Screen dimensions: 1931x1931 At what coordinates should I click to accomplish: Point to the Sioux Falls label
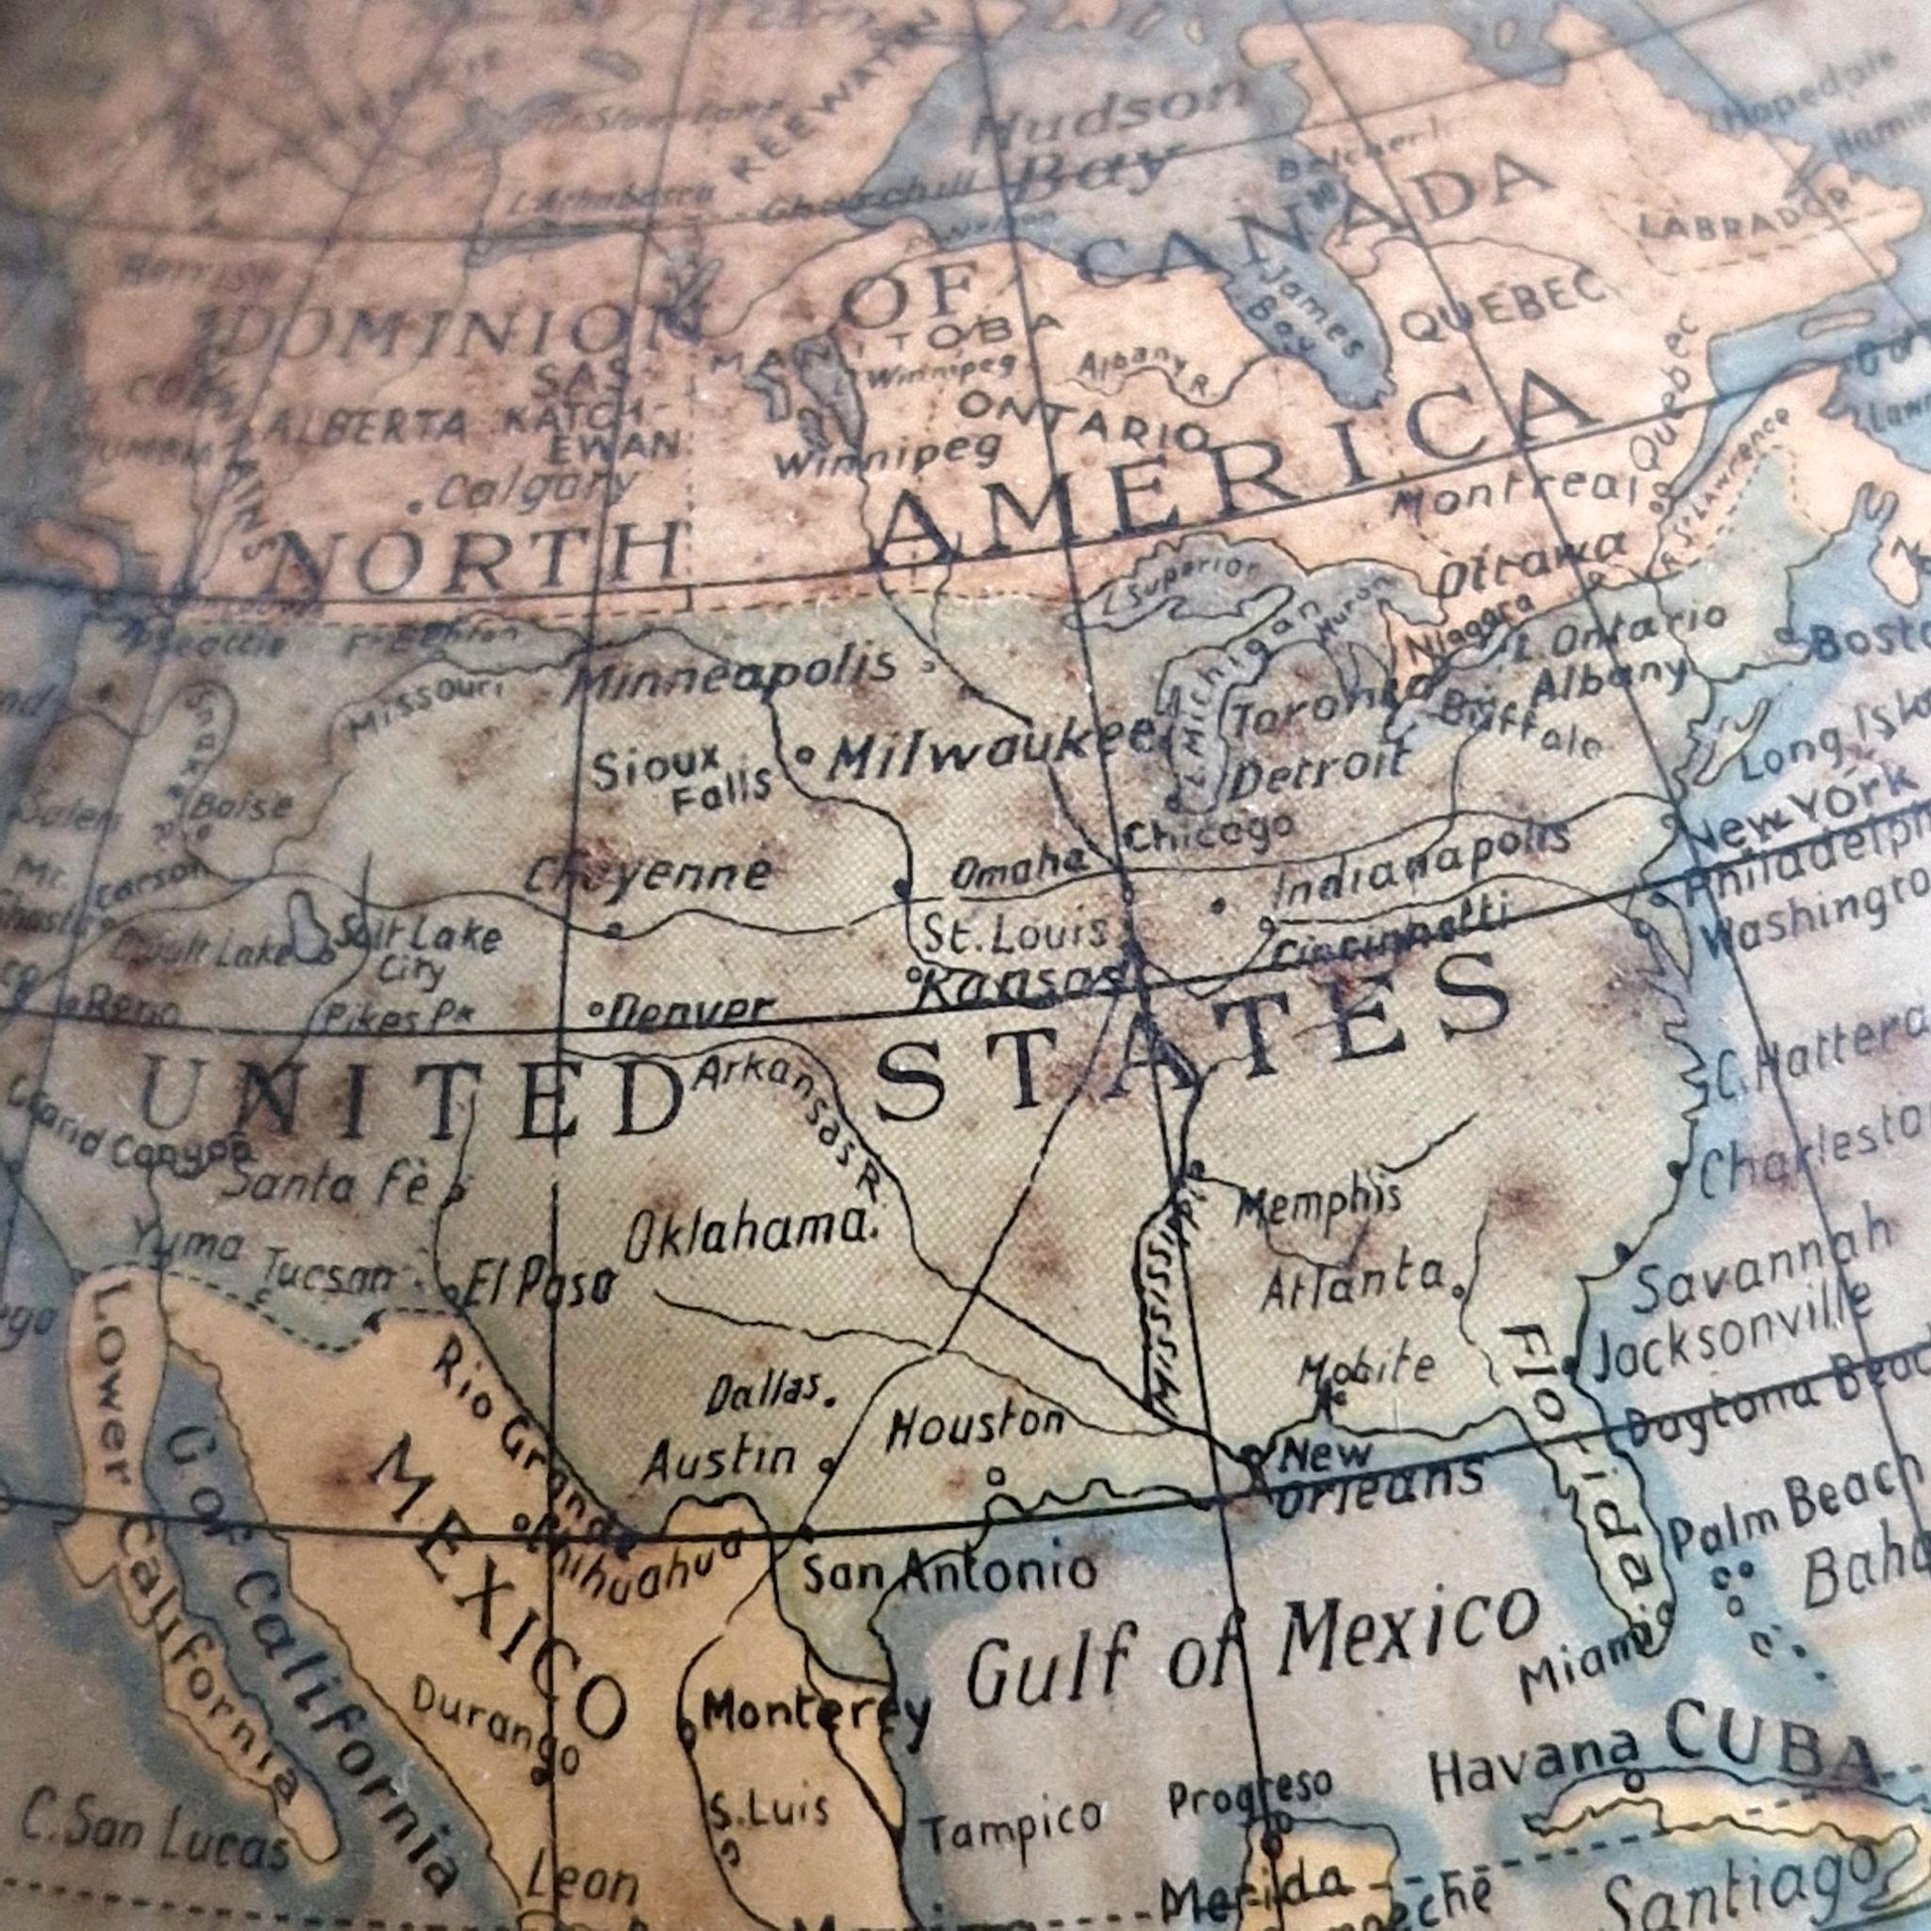[x=683, y=781]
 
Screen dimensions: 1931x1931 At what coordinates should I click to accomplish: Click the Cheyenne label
[x=650, y=874]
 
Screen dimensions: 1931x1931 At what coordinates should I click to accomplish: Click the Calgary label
[x=535, y=490]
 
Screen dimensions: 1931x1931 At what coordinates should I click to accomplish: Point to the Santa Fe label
[x=329, y=1185]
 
